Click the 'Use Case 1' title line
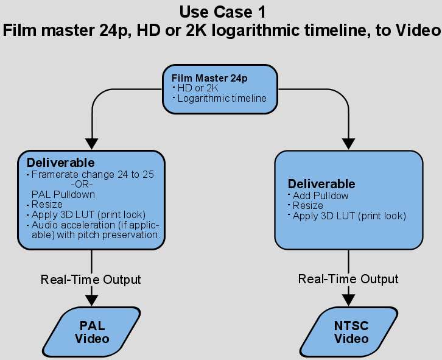220,12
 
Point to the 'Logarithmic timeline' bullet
222,97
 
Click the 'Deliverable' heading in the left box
61,163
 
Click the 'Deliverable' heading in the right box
321,184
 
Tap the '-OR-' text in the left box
84,184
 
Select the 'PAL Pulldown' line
63,194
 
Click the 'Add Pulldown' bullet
320,196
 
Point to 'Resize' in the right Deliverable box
308,206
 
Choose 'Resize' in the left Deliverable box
47,205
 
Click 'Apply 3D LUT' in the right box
349,216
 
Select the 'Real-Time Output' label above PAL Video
91,280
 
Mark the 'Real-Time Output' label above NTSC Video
348,279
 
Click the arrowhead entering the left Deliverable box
91,143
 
